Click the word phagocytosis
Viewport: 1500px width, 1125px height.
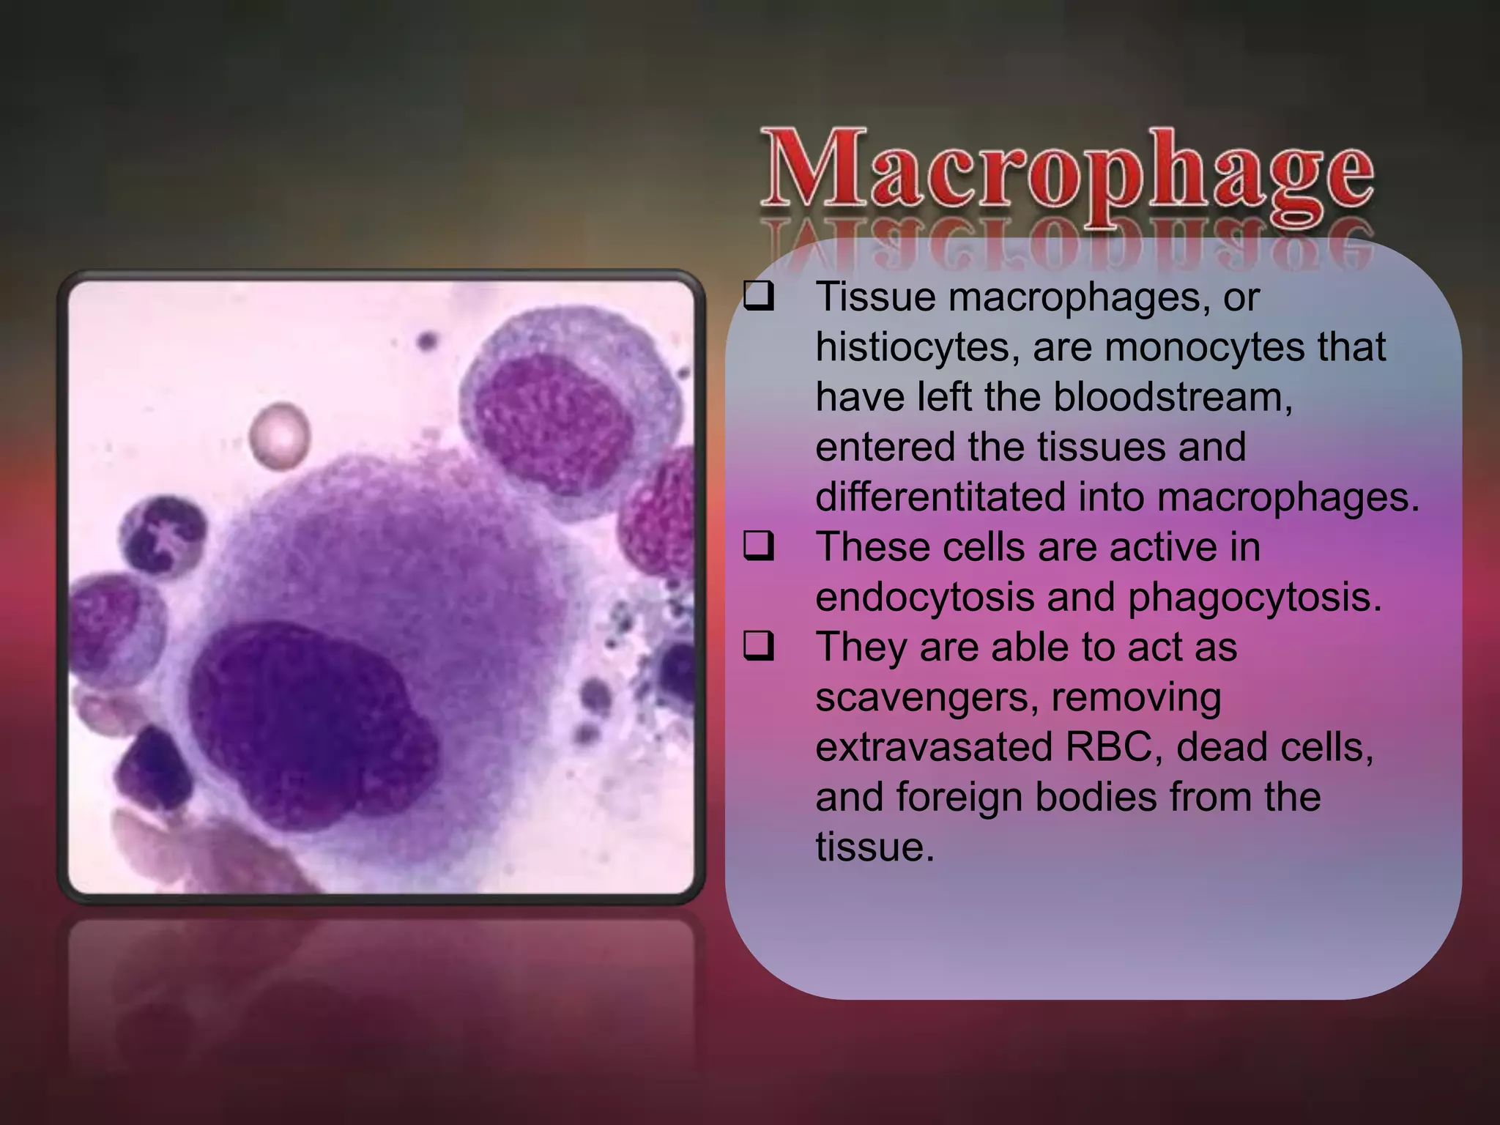point(1254,598)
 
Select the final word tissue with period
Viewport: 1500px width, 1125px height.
point(875,847)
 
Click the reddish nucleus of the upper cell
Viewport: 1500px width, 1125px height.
point(553,414)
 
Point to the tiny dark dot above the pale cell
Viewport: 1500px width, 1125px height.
point(427,341)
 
